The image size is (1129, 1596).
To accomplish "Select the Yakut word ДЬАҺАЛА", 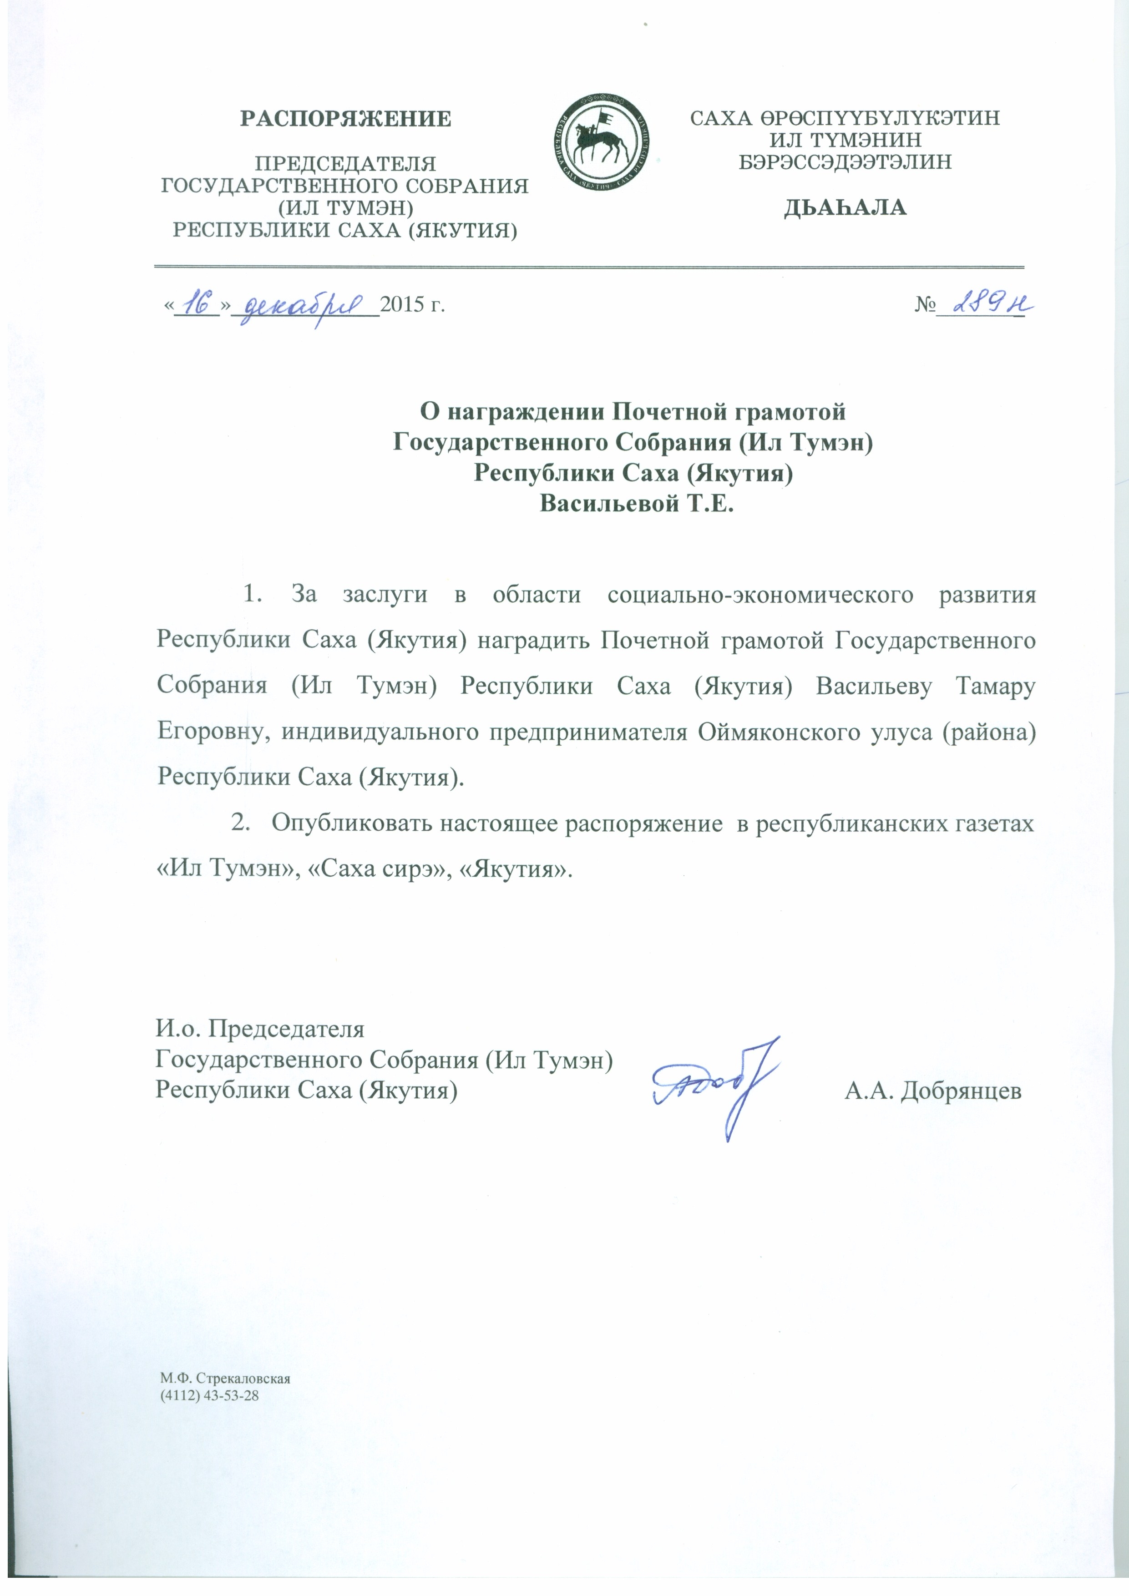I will (845, 208).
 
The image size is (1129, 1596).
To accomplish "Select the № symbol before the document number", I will (925, 305).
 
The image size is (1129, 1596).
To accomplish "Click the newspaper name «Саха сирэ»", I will (377, 869).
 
